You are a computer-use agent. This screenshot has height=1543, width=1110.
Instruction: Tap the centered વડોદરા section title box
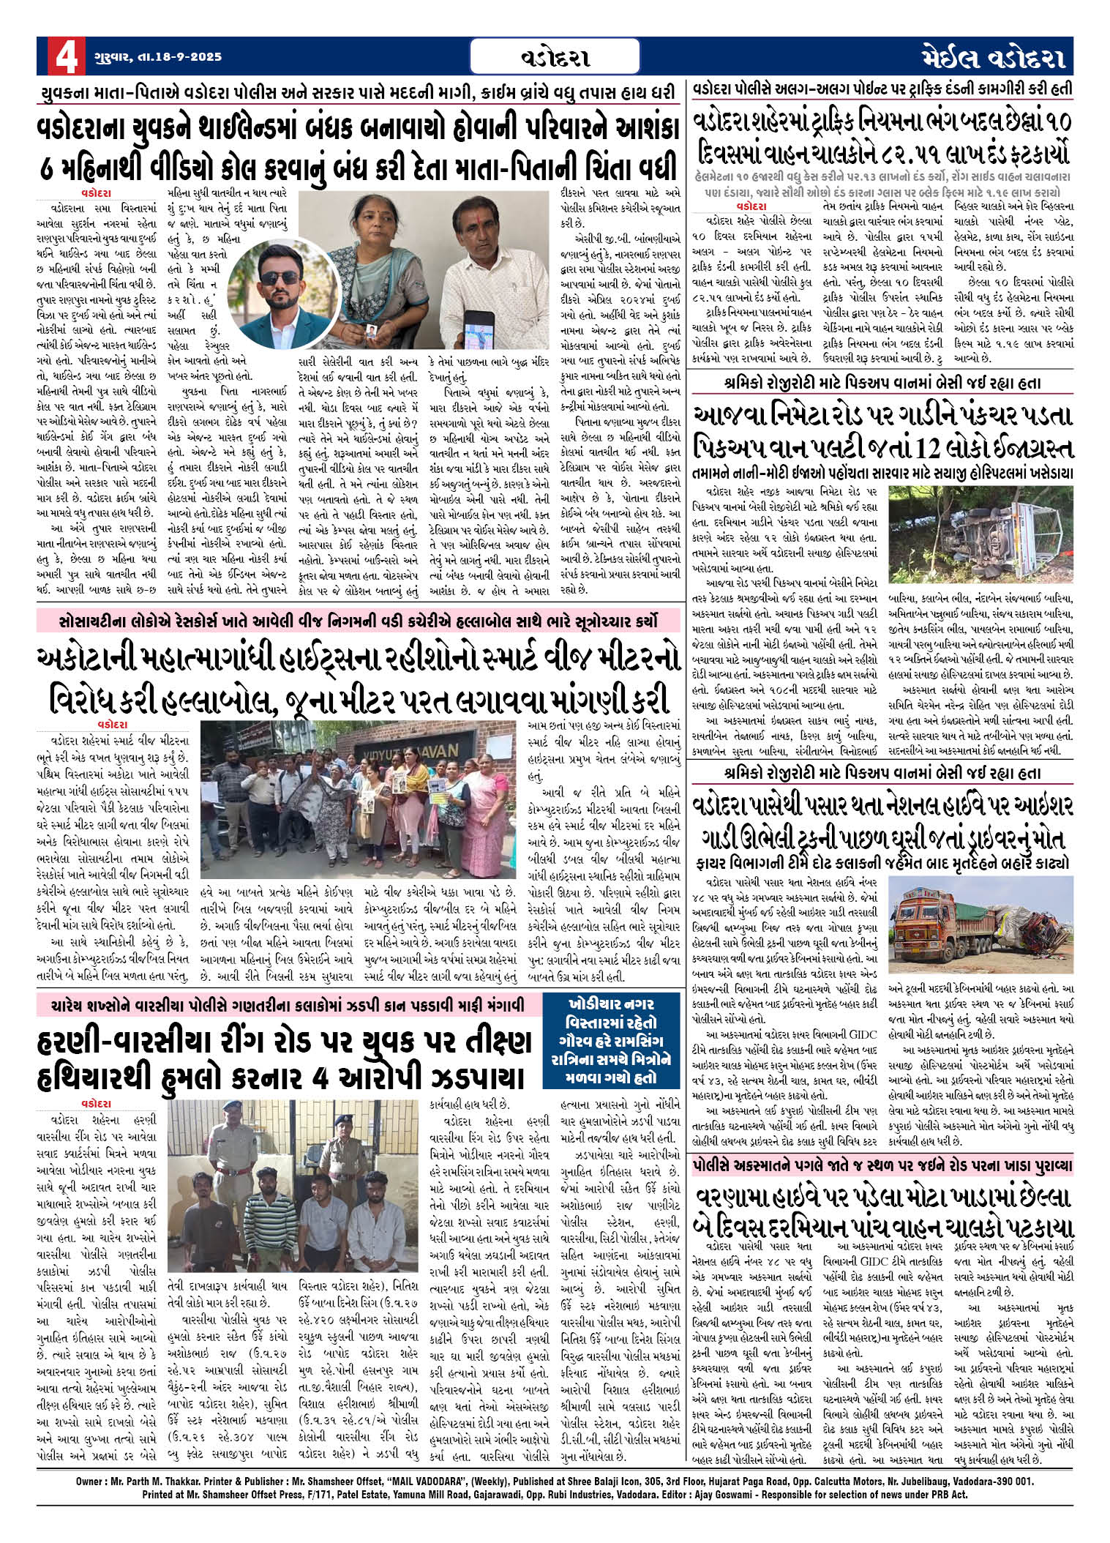click(x=555, y=57)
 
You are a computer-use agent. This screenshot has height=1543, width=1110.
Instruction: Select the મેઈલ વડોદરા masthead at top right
click(x=991, y=57)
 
